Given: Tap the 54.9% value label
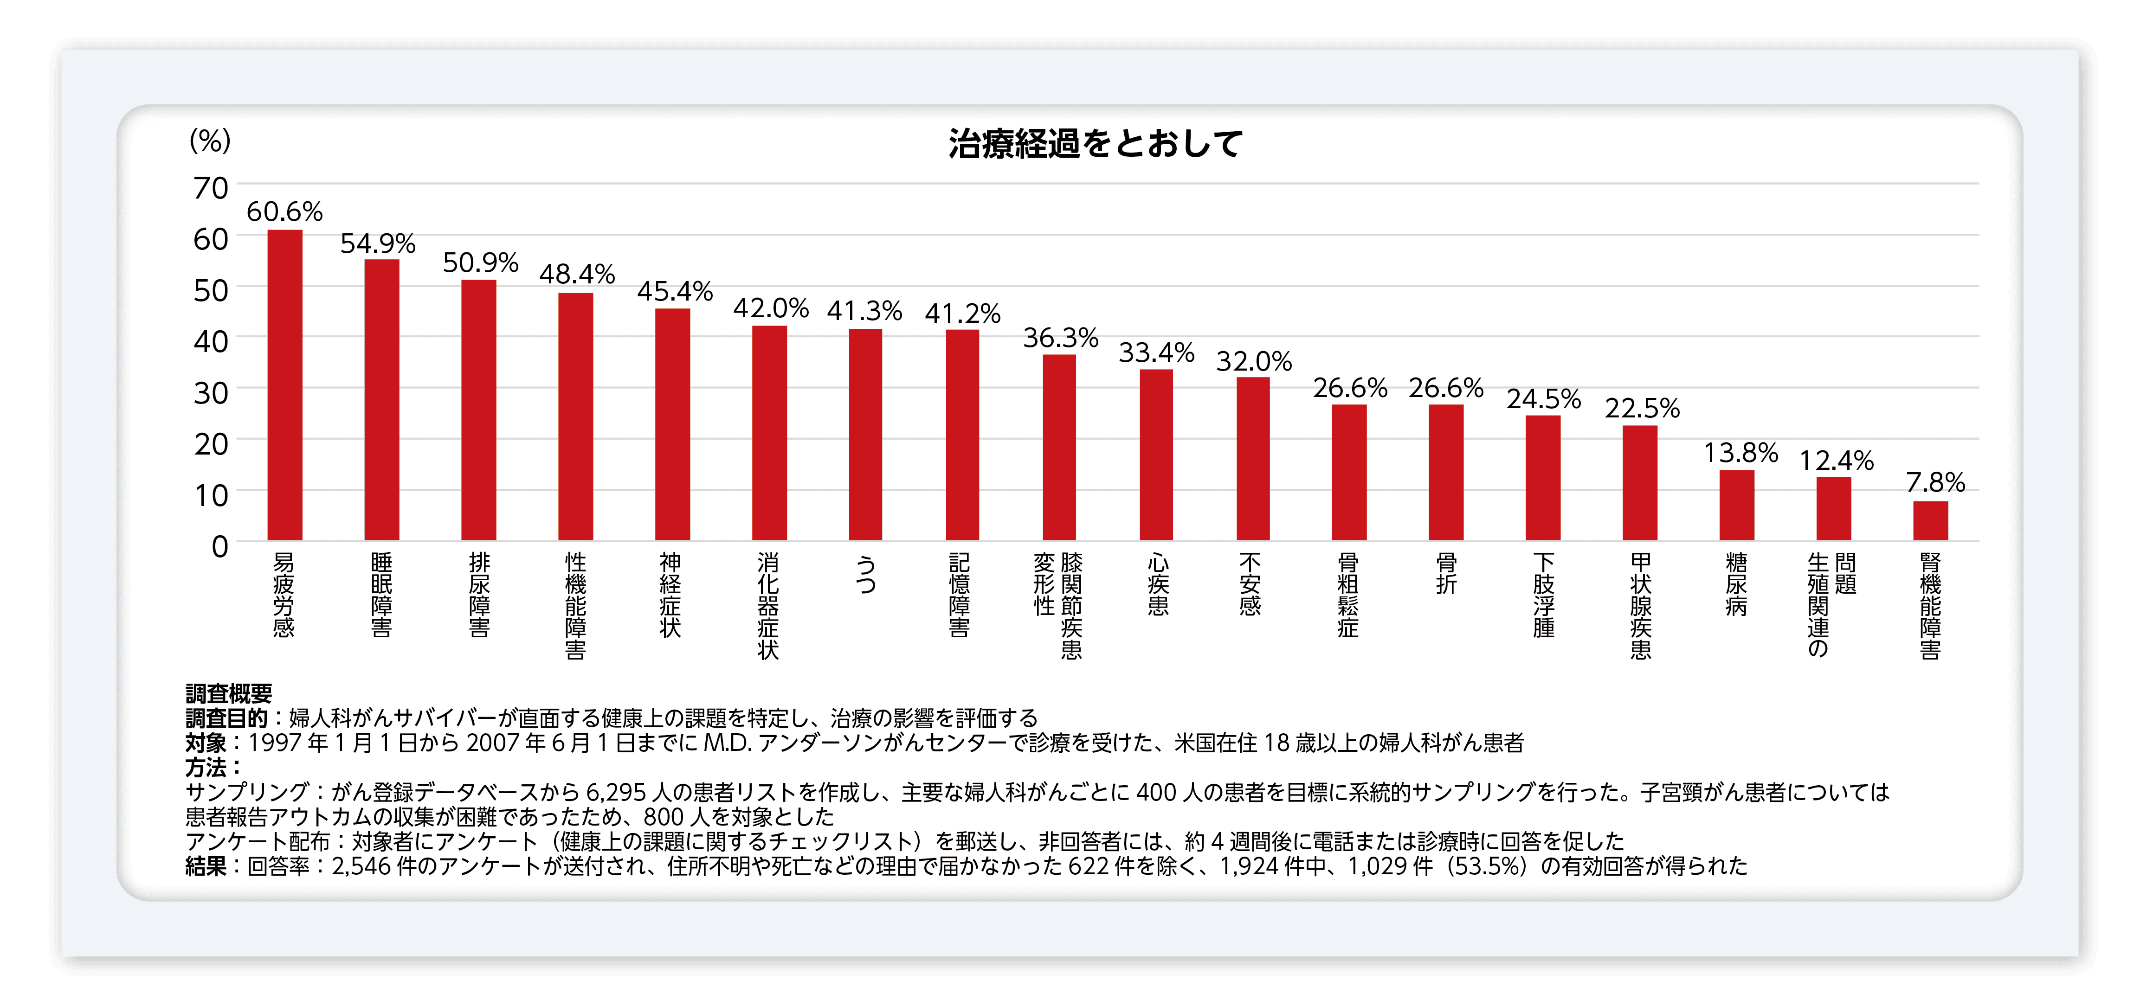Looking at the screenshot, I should pos(378,243).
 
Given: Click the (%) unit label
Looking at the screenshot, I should pos(210,141).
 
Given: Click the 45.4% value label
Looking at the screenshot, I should pos(675,292).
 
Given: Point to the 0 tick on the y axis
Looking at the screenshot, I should pos(219,547).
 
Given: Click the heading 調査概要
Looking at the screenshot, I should pos(228,694).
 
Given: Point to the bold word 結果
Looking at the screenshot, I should pos(206,866).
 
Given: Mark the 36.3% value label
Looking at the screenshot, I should pos(1060,338).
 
